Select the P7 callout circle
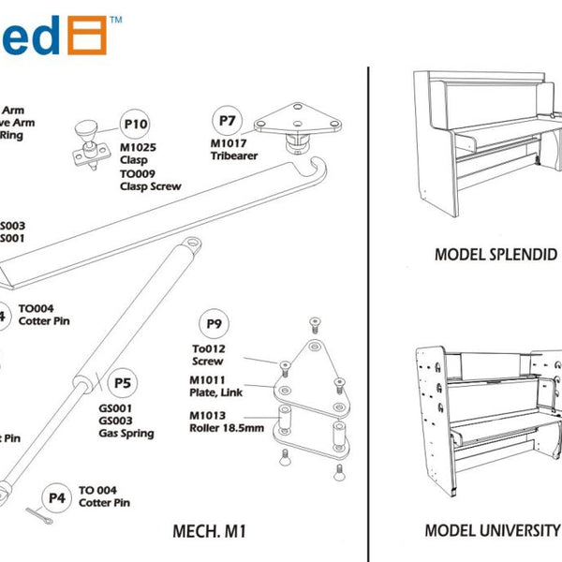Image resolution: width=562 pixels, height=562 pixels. (227, 121)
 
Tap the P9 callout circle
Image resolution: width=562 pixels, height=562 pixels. (214, 325)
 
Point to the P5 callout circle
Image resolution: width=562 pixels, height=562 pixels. (122, 382)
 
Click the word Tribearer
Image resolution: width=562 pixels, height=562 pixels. (233, 155)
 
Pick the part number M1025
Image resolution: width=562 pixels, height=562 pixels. (138, 148)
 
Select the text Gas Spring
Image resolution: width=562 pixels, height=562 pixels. (126, 435)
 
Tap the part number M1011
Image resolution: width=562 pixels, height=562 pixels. (207, 379)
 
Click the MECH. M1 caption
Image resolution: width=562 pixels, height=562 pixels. (210, 531)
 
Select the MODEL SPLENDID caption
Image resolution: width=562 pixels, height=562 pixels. (490, 255)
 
